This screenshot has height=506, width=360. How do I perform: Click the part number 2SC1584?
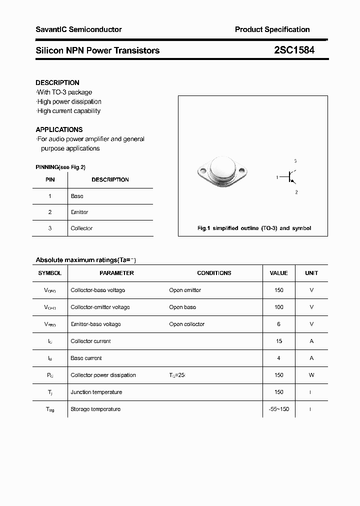tap(294, 50)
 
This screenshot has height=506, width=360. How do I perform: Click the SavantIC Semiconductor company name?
tap(78, 29)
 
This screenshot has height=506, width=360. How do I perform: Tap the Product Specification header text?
tap(272, 29)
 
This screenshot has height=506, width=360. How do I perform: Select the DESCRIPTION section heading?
tap(57, 82)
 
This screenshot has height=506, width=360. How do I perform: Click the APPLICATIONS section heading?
tap(59, 129)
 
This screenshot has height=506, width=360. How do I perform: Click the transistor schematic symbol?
tap(290, 177)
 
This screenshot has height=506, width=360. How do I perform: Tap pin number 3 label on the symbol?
tap(295, 161)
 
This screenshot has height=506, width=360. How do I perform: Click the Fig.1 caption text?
tap(254, 228)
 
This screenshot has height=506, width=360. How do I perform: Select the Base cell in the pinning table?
tap(77, 196)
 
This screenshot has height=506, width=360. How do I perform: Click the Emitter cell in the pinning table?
tap(79, 212)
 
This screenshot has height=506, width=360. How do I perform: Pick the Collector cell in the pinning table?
tap(81, 228)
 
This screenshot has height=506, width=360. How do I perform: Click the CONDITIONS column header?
tap(214, 273)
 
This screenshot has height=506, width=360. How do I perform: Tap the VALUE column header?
tap(278, 273)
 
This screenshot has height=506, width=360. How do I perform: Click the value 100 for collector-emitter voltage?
tap(278, 307)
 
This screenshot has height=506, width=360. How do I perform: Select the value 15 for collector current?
tap(278, 341)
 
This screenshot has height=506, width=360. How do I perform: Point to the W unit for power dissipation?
tap(311, 375)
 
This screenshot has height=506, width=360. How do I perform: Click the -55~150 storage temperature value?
tap(278, 409)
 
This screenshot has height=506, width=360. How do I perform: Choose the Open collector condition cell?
tap(186, 324)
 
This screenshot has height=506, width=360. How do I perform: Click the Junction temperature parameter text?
tap(96, 392)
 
